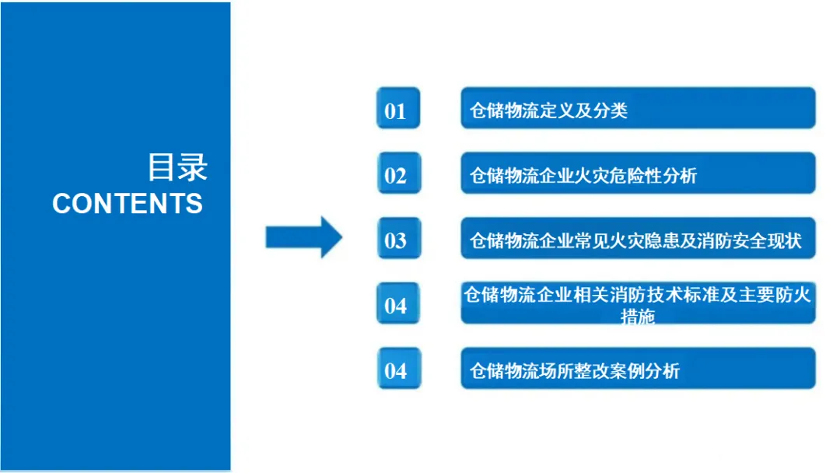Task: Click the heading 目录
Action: click(177, 166)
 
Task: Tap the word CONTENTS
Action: click(128, 204)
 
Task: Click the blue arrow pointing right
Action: click(303, 236)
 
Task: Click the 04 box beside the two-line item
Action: click(397, 303)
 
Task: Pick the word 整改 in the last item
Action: click(592, 371)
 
